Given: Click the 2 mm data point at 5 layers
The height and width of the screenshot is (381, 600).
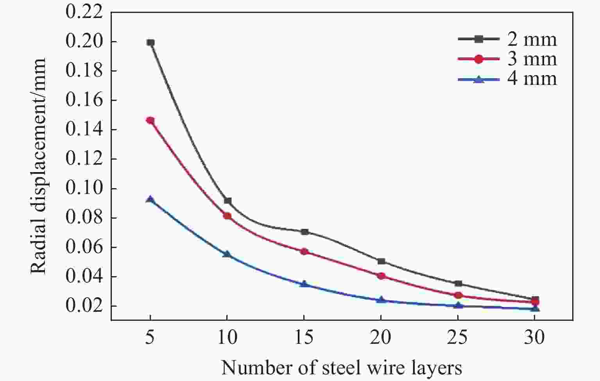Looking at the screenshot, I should click(150, 42).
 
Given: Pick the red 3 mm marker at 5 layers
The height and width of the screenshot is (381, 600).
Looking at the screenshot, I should click(150, 120).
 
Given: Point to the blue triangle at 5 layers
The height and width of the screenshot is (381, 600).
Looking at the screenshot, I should click(150, 199).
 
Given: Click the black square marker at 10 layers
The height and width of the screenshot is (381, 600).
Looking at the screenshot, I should click(227, 201).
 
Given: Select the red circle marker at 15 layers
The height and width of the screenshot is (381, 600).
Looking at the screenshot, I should click(304, 252).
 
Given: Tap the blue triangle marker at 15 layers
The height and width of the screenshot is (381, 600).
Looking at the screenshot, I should click(304, 284).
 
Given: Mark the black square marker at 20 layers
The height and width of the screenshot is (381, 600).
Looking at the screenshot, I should click(381, 261).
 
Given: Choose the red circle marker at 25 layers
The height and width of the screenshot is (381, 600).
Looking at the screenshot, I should click(458, 295).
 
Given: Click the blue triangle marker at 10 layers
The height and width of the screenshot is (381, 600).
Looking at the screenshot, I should click(227, 254).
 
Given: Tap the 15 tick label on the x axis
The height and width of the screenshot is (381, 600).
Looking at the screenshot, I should click(304, 337).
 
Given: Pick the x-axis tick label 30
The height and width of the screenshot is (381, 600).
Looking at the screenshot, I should click(535, 337).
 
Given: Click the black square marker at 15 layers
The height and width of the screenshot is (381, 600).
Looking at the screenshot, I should click(304, 232).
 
